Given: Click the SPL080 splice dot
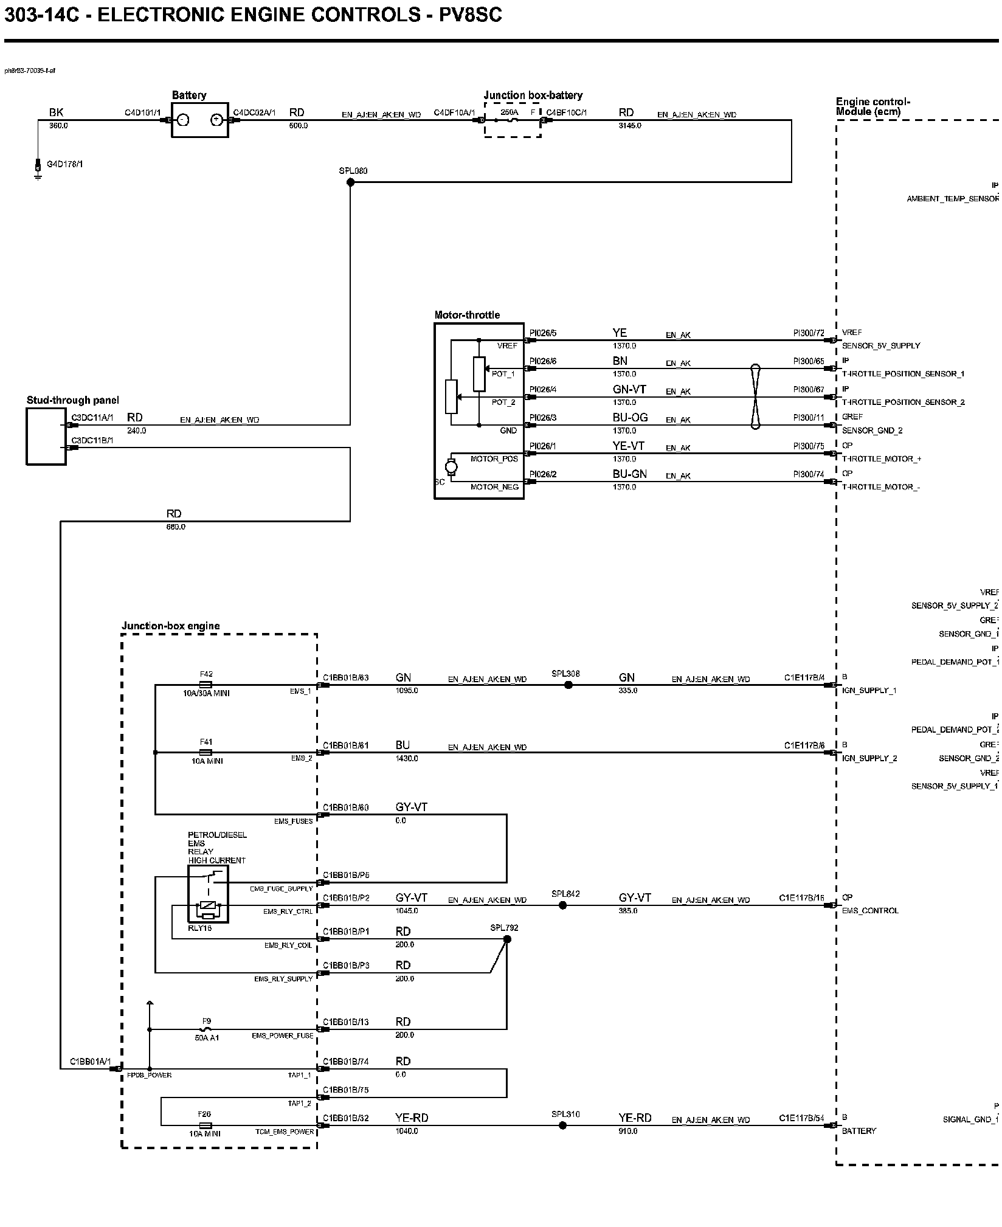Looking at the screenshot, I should pyautogui.click(x=350, y=182).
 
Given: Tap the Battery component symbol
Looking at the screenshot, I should pyautogui.click(x=199, y=120).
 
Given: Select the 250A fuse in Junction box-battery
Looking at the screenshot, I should pyautogui.click(x=513, y=120).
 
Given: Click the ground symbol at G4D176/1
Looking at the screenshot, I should pyautogui.click(x=38, y=173).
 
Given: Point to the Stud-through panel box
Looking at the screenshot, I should pyautogui.click(x=46, y=436).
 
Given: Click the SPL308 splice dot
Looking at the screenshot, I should pyautogui.click(x=568, y=685).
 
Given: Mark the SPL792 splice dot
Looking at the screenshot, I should pyautogui.click(x=507, y=939).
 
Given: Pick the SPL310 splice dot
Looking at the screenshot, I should pyautogui.click(x=562, y=1125).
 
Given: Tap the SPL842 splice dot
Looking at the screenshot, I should pyautogui.click(x=562, y=905).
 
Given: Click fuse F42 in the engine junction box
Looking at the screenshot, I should pyautogui.click(x=206, y=685).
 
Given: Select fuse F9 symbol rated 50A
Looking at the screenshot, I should pyautogui.click(x=207, y=1029).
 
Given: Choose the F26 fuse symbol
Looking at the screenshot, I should pyautogui.click(x=205, y=1125).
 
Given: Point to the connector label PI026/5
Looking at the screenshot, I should pyautogui.click(x=542, y=333).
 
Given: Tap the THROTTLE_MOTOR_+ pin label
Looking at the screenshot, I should pyautogui.click(x=881, y=459).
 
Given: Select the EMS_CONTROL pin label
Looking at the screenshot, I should pyautogui.click(x=869, y=911).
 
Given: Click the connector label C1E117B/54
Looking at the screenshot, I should pyautogui.click(x=801, y=1118).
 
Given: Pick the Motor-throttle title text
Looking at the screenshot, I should pyautogui.click(x=467, y=315).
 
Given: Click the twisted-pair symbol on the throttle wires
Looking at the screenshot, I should pyautogui.click(x=755, y=396).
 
